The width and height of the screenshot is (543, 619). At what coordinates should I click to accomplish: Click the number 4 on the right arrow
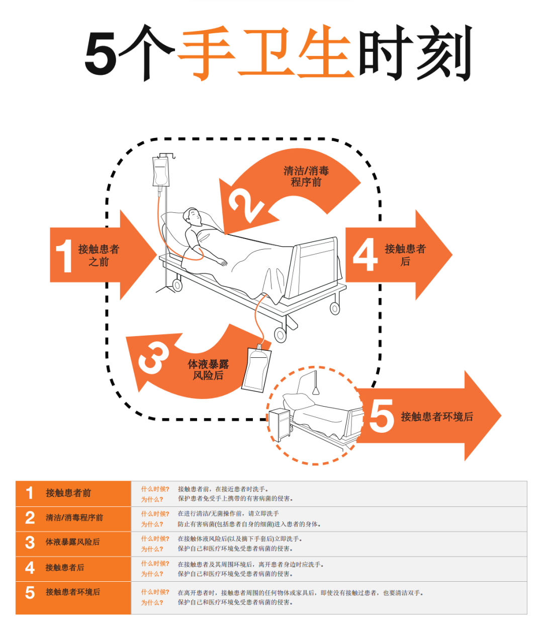tap(365, 255)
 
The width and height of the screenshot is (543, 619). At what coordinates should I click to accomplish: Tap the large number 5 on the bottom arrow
tap(382, 416)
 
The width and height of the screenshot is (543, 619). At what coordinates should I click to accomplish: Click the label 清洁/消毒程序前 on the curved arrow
tap(306, 177)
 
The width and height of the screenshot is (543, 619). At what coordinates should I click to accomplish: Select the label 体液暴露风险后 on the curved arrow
tap(208, 370)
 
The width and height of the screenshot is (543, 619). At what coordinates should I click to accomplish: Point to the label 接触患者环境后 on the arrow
tap(436, 417)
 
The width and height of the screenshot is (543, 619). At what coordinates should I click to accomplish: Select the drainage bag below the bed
tap(256, 367)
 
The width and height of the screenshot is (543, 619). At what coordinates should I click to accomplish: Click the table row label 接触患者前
tap(68, 493)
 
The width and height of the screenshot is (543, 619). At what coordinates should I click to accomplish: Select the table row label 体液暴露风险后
tap(72, 542)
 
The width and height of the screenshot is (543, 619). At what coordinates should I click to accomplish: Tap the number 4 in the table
tap(30, 568)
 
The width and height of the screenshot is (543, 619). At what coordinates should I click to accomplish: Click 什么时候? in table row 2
tap(155, 514)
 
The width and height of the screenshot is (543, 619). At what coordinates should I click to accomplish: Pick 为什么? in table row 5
tap(152, 602)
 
